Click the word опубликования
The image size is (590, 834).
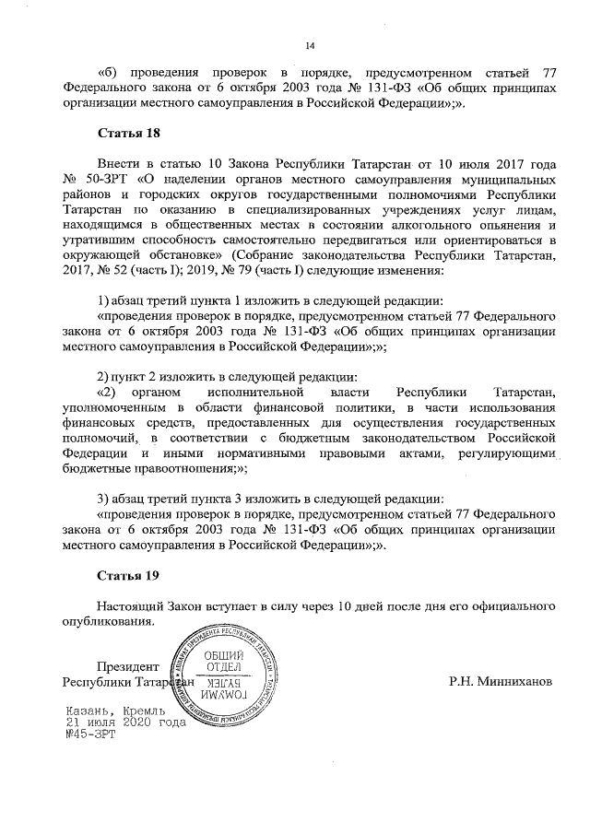pos(107,622)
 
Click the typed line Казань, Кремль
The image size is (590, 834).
pos(115,712)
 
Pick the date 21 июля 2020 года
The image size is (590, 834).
pos(124,724)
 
